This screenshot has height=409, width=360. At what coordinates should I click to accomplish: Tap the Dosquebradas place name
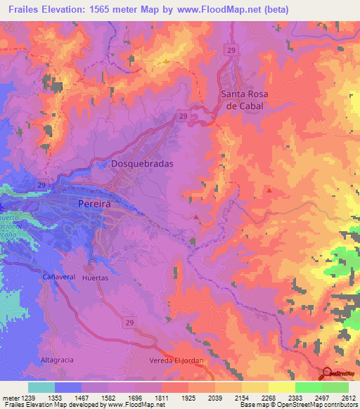[142, 164]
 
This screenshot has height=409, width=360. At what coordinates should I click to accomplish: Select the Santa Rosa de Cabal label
[245, 99]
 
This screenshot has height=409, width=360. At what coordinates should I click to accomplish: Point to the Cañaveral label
[58, 278]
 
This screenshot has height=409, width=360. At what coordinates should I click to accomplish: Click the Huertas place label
[95, 278]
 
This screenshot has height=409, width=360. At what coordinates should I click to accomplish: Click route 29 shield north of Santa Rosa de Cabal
[231, 49]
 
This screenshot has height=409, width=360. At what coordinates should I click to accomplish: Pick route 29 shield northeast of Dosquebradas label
[183, 115]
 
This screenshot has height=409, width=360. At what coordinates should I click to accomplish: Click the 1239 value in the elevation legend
[27, 397]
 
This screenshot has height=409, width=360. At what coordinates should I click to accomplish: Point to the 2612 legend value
[349, 397]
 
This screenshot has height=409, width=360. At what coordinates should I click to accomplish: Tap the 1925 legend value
[188, 397]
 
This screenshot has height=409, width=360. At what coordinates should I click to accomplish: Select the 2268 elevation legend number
[269, 397]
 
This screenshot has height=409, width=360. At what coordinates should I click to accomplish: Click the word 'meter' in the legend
[10, 397]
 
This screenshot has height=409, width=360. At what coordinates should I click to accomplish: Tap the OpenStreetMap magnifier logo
[328, 373]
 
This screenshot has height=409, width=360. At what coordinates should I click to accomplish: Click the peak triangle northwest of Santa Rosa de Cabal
[166, 60]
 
